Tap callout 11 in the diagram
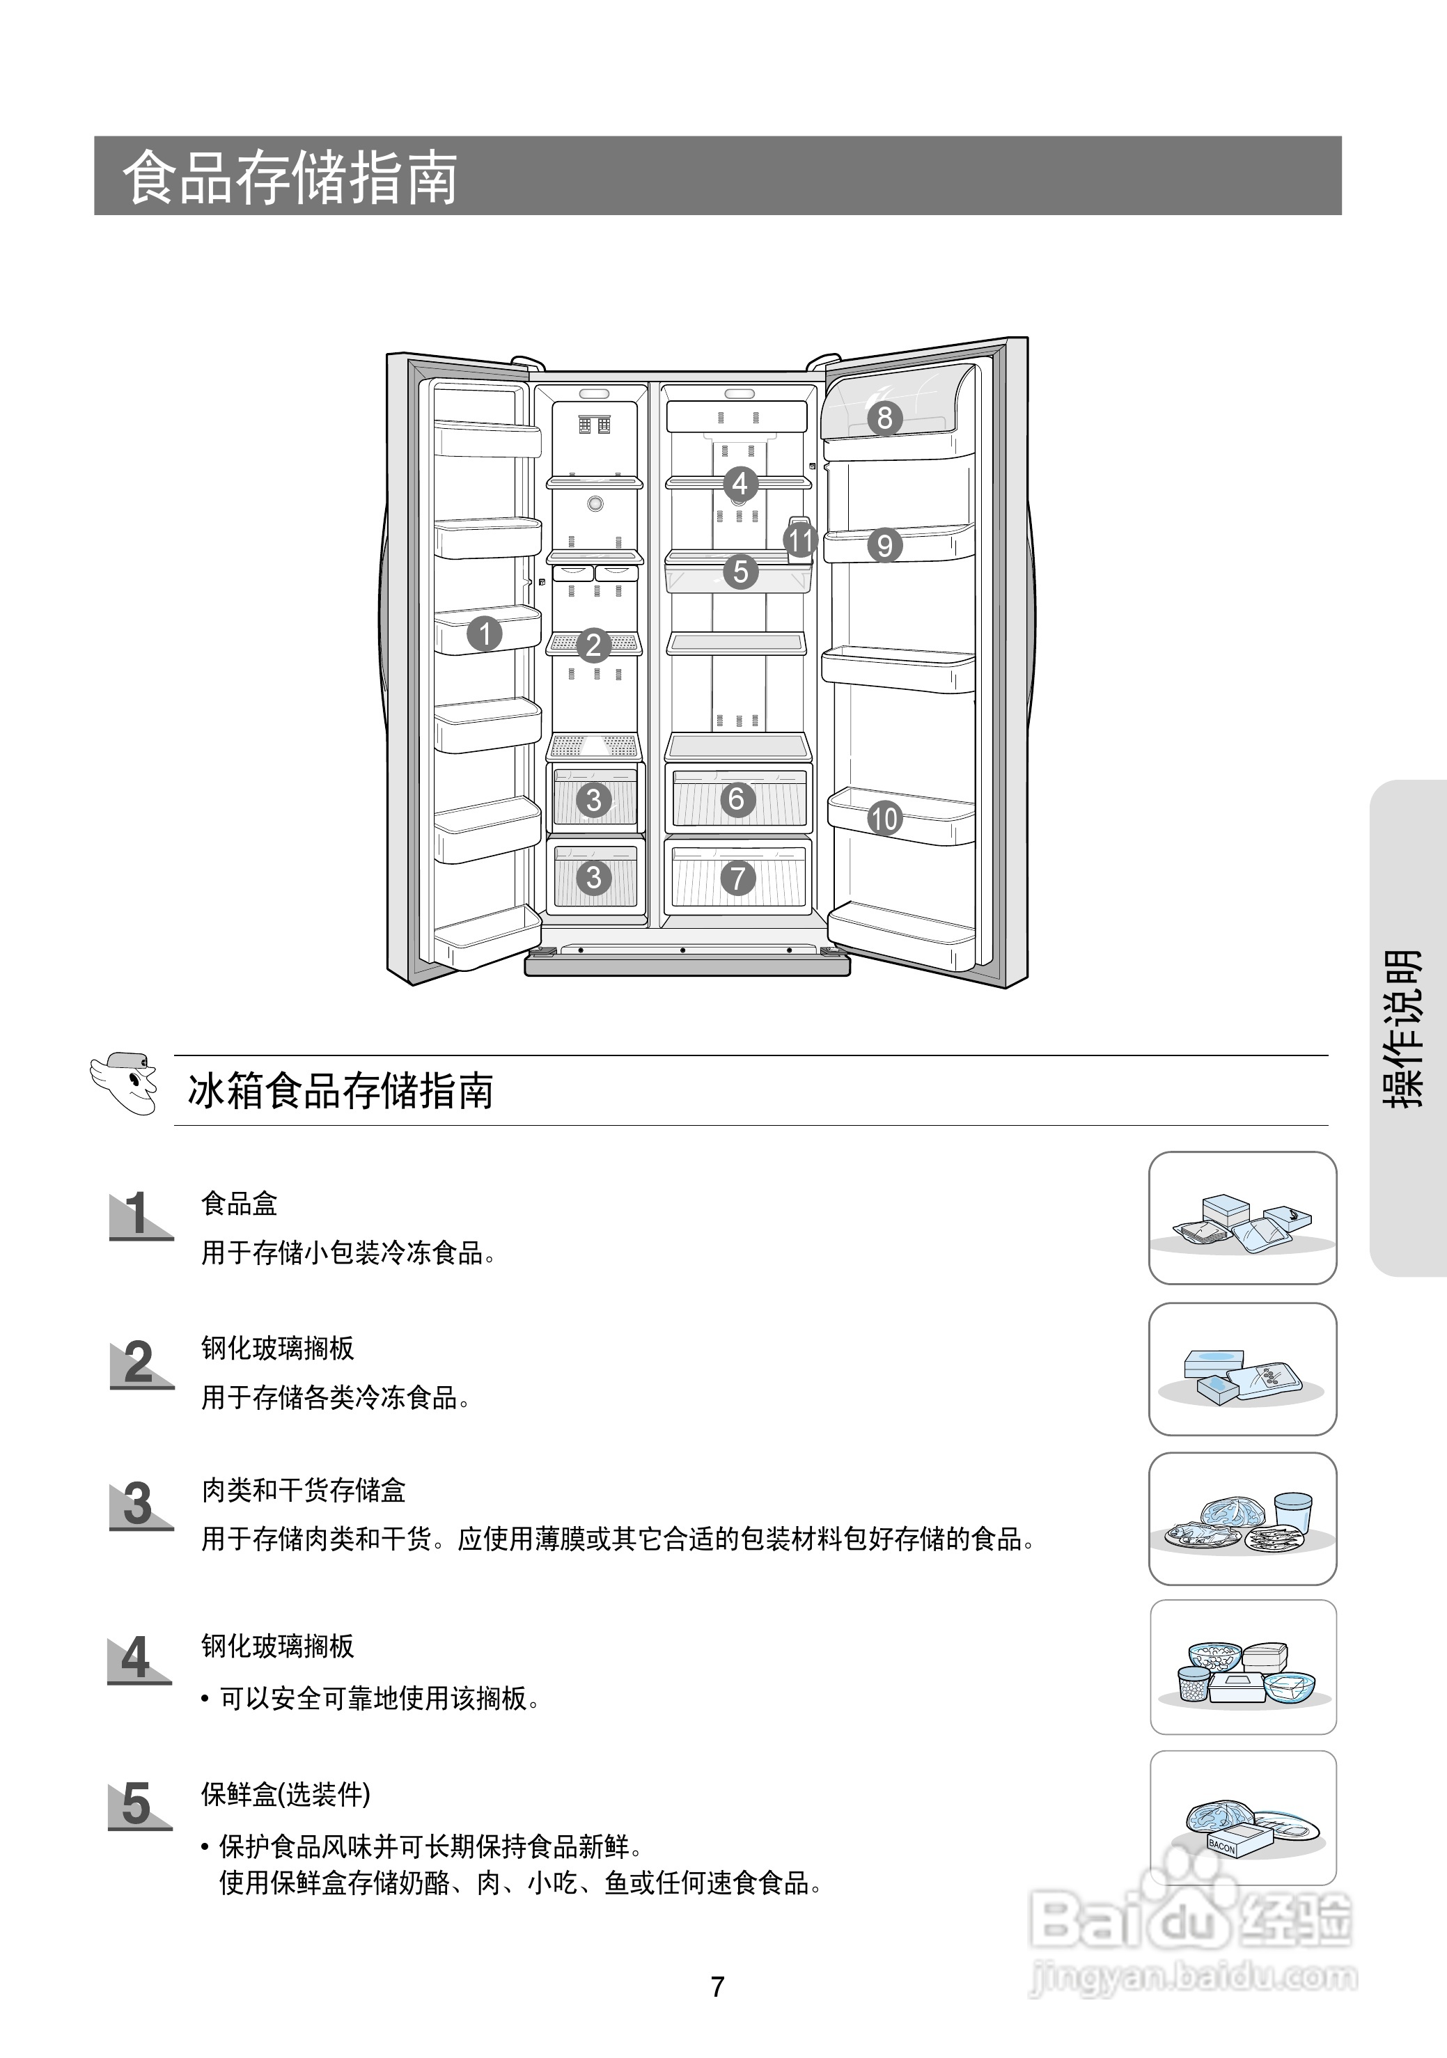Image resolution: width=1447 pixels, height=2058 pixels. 799,540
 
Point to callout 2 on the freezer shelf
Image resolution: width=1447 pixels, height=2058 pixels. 593,645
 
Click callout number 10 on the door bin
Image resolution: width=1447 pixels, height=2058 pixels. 884,817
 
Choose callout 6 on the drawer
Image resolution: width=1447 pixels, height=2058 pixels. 737,799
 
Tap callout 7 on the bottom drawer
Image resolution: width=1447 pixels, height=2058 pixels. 738,877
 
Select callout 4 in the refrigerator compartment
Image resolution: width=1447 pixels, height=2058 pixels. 740,484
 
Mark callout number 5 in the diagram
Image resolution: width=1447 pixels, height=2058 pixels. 740,571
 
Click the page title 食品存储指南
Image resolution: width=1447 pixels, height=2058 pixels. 290,178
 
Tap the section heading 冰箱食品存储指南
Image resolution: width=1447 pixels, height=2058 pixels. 341,1091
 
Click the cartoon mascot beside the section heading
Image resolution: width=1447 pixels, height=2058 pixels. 125,1084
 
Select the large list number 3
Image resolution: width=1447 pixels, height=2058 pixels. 138,1504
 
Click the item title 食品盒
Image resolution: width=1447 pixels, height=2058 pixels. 240,1203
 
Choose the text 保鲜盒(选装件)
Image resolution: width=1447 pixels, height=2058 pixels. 285,1793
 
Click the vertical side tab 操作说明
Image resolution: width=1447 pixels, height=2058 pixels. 1403,1028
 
